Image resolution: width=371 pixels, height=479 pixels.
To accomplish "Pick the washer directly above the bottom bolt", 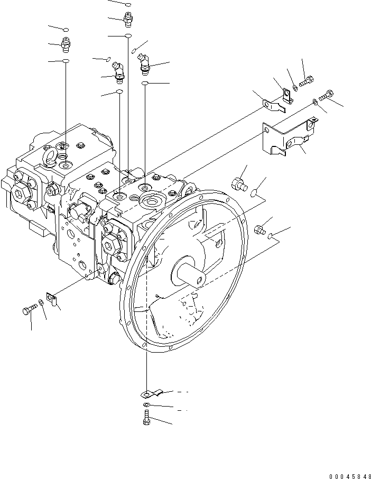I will click(145, 406).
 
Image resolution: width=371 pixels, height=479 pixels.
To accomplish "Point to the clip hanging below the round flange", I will click(150, 393).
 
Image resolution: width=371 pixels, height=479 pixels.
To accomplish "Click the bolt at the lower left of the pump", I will click(28, 311).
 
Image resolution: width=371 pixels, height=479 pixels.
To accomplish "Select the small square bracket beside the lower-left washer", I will click(52, 299).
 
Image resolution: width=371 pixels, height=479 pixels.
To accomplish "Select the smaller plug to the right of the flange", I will click(259, 229).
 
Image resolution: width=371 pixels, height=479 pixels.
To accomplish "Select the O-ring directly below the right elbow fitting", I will click(145, 84).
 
